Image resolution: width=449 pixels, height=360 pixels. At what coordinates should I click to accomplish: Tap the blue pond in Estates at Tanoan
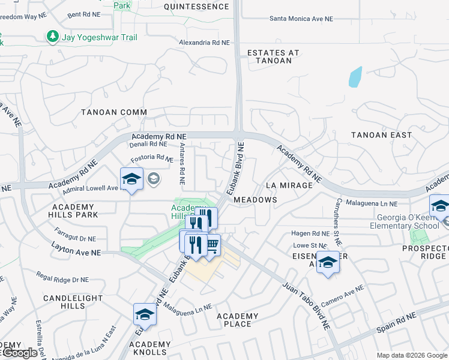point(355,77)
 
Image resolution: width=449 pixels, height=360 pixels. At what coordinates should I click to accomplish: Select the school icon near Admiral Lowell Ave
point(131,178)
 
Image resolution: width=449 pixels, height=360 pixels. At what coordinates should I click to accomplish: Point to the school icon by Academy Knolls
point(145,314)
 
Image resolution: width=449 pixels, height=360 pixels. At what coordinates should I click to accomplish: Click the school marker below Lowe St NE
point(328,262)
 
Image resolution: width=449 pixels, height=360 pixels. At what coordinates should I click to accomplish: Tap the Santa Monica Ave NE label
point(301,19)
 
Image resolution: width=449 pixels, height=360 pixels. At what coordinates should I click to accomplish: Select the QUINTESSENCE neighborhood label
point(196,7)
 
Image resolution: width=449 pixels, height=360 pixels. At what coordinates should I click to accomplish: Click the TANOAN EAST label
point(382,135)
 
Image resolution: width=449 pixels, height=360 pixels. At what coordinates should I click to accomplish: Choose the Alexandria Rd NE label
point(204,43)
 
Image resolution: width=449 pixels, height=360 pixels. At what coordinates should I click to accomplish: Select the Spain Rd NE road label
point(396,324)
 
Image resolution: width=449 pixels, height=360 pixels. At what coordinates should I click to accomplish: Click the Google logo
point(19,353)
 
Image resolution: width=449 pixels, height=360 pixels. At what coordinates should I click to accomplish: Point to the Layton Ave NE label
point(76,253)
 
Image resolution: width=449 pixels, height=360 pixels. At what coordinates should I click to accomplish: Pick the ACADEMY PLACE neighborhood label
point(237,320)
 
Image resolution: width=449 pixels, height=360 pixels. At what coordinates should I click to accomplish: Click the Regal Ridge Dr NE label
point(62,280)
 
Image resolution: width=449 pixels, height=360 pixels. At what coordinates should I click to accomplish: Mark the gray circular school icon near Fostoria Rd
point(153,178)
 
